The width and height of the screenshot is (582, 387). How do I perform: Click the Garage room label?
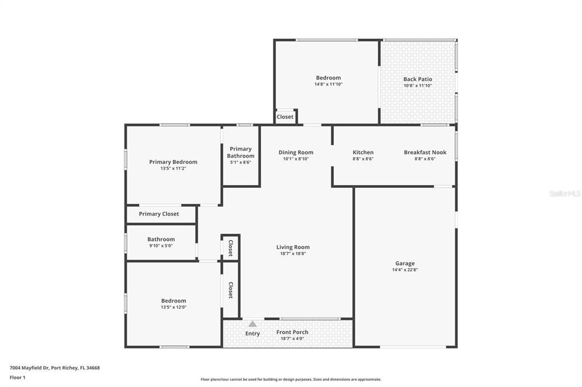(x=405, y=263)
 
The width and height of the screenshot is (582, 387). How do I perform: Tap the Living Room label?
(x=293, y=247)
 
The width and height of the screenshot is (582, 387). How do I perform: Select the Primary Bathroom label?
(x=240, y=152)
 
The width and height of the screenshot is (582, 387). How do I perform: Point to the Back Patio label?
(x=418, y=79)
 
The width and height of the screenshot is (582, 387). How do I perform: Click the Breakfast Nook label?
(x=425, y=152)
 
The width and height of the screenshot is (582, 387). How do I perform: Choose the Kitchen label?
(x=363, y=152)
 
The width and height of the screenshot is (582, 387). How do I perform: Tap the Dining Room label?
(x=296, y=152)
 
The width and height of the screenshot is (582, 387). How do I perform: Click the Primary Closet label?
(x=159, y=214)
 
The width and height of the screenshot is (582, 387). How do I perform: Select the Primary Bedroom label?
(x=173, y=162)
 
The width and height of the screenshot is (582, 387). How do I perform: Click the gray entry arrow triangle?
(x=252, y=323)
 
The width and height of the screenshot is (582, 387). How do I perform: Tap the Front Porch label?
(x=292, y=332)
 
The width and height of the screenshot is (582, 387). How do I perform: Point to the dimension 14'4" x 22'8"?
(x=405, y=270)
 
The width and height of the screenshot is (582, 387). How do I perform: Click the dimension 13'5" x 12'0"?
(x=173, y=308)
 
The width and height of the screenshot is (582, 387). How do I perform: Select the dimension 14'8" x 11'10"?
(x=329, y=85)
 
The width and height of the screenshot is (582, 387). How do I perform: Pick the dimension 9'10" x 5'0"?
(x=161, y=246)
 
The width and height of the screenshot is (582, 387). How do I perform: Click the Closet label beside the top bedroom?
(x=285, y=117)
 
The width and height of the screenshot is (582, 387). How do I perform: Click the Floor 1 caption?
(x=18, y=377)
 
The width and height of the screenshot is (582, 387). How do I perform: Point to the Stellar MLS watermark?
(x=565, y=194)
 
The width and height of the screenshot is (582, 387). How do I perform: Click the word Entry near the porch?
(x=252, y=334)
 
